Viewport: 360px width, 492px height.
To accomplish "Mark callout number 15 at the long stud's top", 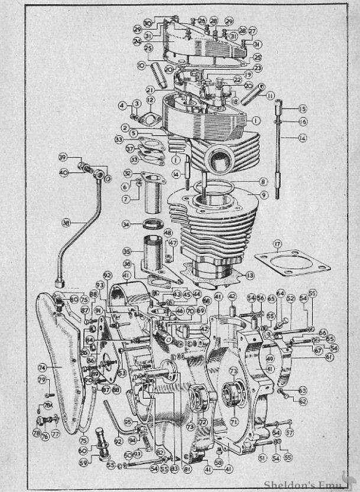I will [303, 109].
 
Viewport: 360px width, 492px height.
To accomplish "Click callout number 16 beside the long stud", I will [303, 122].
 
